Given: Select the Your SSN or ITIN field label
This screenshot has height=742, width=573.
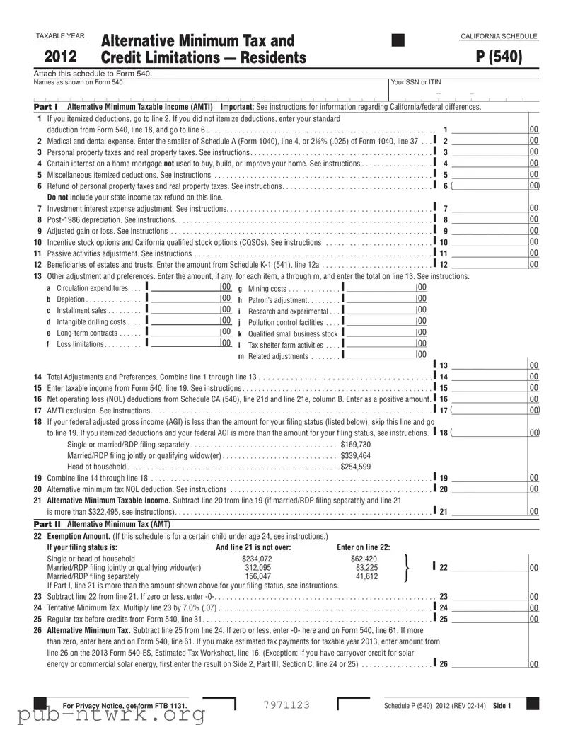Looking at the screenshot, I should pos(415,82).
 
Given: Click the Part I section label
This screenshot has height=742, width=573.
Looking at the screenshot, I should pos(46,107).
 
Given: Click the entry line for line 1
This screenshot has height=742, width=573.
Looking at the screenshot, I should pos(488,130).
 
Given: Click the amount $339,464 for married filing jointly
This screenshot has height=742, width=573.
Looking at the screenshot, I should pos(356,455).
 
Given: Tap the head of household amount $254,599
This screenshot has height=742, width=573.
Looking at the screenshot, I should pos(356,467).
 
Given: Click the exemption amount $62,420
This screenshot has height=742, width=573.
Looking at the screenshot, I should pos(364,559).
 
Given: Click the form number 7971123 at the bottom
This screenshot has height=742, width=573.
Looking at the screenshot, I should pos(286,704).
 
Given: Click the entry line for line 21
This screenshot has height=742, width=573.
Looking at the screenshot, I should pos(488,511).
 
